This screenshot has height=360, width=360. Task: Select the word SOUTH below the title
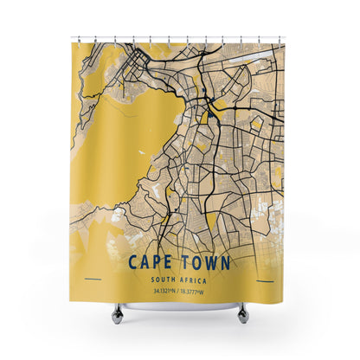(164, 279)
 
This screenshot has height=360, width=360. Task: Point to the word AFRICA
(196, 279)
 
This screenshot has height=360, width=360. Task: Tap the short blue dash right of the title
(267, 280)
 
